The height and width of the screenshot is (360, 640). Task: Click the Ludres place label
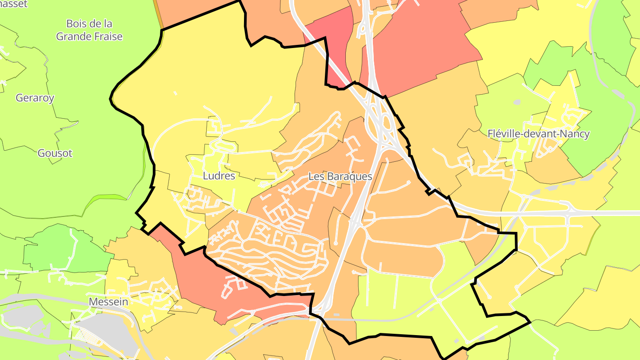219,176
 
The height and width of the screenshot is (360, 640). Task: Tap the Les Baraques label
340,176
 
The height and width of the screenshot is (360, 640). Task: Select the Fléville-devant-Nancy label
538,134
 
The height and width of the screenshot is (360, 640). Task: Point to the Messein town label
108,302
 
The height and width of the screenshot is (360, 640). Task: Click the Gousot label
55,153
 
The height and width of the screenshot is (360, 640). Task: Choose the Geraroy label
35,98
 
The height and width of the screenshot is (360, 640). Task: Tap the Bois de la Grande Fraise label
89,30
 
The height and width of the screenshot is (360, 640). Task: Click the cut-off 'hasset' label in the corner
13,4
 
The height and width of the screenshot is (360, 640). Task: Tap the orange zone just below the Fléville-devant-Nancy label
551,167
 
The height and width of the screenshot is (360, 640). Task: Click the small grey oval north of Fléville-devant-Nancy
516,102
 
